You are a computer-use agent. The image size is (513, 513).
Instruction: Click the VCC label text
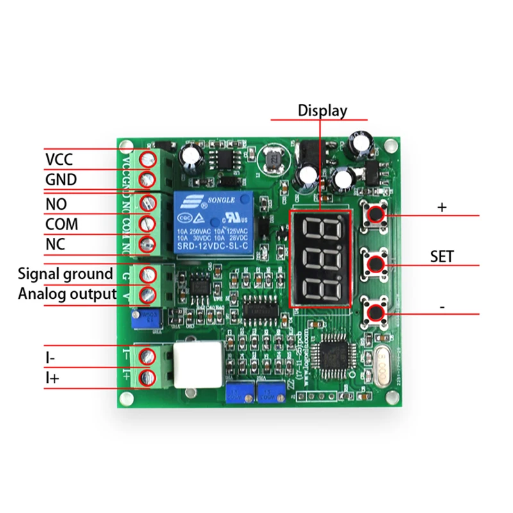59,159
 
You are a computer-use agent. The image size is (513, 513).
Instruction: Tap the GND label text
61,180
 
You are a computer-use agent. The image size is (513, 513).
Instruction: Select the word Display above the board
322,110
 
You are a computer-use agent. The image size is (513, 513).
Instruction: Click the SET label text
442,257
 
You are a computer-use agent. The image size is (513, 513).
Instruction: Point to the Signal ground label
65,274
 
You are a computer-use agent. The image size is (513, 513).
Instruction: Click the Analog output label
67,294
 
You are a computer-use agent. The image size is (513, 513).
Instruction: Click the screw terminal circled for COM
149,224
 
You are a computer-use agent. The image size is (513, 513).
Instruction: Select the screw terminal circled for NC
149,244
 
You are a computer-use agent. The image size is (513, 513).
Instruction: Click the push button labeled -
376,313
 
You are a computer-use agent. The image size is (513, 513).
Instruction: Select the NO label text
56,204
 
